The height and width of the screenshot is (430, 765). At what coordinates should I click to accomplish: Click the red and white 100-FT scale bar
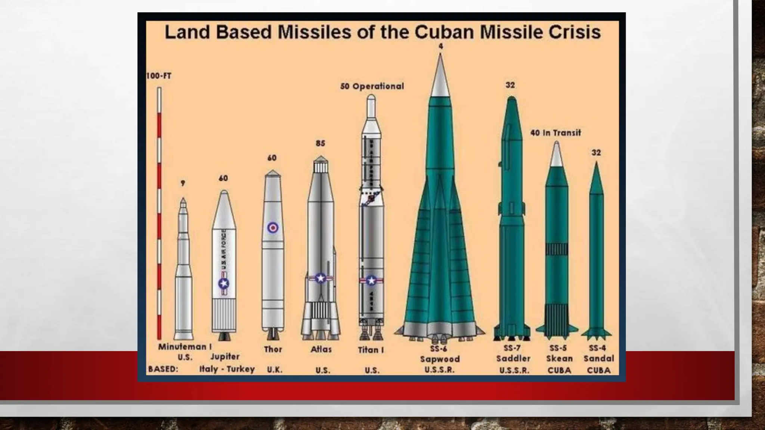159,213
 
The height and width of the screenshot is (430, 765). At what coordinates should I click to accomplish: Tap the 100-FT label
159,76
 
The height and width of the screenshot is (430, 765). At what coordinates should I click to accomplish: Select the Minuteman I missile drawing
183,272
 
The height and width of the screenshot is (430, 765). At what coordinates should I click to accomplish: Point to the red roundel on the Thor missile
273,228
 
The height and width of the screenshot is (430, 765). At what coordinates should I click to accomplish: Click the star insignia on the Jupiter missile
224,284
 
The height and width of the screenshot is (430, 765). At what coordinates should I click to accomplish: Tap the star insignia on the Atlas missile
320,278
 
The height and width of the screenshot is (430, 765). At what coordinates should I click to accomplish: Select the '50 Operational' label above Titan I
372,86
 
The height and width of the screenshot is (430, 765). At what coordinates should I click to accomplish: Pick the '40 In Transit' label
555,133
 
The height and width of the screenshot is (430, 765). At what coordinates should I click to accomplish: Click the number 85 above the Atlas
320,143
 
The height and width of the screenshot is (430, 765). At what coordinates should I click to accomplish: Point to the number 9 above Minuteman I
183,183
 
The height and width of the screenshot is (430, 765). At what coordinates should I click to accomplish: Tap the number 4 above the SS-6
441,46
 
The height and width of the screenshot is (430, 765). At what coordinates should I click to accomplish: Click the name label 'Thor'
273,349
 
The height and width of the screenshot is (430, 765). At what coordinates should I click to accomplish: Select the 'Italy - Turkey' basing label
227,369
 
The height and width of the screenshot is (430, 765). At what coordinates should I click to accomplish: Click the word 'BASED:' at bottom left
163,369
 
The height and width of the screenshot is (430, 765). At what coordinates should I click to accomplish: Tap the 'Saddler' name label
513,359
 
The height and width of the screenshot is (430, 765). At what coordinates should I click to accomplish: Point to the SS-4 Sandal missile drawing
596,254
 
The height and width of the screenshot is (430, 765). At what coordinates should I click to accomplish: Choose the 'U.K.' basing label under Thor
275,370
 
